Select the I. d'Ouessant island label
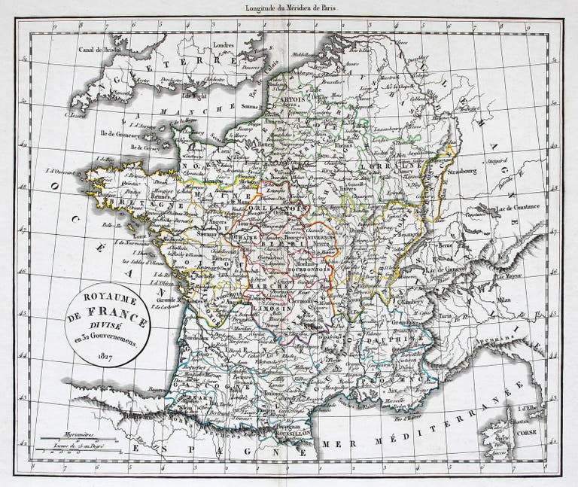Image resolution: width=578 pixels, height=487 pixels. click(x=71, y=171)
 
